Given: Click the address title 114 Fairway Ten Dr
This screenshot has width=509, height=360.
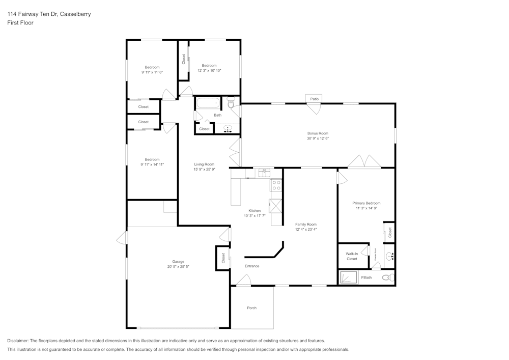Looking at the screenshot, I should coord(49,14).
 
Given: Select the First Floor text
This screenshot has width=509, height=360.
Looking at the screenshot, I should coord(20,23).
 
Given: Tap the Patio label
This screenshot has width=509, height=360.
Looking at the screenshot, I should coord(314,99).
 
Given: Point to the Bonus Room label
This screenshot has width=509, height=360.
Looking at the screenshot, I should coord(318,133).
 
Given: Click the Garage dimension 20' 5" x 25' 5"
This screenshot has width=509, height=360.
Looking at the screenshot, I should coord(178,266).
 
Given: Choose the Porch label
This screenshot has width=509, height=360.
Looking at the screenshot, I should coord(251,308).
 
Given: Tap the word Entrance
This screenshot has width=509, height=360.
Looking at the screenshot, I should coord(252,266).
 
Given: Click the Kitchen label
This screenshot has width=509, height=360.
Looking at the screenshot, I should coord(254,211).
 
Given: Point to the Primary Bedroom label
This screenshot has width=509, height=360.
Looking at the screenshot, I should coord(366,203).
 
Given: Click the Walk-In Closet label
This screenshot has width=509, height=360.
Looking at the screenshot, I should coord(352,256).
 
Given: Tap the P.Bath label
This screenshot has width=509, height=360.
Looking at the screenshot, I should coord(366,278).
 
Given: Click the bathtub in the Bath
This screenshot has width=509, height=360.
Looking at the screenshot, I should coord(208,103).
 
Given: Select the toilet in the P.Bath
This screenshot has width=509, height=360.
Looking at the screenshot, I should coord(388,278).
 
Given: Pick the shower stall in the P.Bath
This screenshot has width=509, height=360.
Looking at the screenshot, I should coord(349,278).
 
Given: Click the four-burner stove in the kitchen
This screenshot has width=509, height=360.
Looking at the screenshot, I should coord(276,185).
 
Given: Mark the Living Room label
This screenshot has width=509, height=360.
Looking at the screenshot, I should coord(204,164).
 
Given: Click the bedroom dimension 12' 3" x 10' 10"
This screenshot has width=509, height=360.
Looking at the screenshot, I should coord(209,70).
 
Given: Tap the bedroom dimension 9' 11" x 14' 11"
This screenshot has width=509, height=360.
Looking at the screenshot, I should coord(152,164).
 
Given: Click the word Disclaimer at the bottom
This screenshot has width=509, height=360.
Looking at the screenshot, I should coord(18,341).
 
